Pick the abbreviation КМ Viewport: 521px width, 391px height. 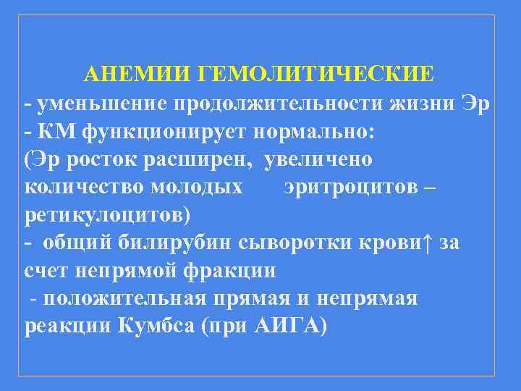58,133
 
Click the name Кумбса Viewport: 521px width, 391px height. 155,326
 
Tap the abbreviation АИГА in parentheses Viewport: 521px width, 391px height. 287,326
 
